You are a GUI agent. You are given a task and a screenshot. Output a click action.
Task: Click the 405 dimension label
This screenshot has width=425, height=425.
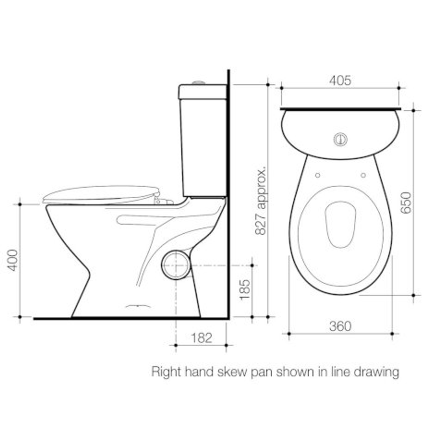click(x=340, y=81)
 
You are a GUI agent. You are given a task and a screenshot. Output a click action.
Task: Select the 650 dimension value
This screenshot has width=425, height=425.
click(x=406, y=202)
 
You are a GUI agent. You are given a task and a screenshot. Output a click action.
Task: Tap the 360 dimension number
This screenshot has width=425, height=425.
click(x=340, y=326)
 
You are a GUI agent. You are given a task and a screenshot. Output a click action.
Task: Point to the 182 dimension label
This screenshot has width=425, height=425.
click(x=201, y=338)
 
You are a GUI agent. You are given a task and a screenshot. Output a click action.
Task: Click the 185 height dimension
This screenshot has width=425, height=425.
click(x=245, y=290)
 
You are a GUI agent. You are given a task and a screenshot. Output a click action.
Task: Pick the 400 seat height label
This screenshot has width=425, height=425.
click(x=13, y=260)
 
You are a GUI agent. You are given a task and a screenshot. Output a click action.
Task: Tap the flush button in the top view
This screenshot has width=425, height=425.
click(x=340, y=139)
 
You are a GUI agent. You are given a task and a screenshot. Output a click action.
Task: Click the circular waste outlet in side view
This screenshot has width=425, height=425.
click(x=176, y=265)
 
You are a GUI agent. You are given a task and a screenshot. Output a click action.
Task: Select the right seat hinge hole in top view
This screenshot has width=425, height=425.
click(x=363, y=175)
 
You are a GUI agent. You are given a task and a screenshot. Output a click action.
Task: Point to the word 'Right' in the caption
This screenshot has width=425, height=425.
click(x=164, y=372)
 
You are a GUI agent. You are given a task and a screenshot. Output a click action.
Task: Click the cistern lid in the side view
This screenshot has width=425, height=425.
click(x=202, y=92)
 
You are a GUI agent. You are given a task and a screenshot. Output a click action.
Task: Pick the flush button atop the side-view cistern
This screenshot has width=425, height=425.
click(x=199, y=83)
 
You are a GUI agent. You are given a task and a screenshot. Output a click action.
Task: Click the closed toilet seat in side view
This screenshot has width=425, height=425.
click(x=100, y=194)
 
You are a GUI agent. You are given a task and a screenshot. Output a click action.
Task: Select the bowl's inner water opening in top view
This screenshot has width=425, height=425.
click(x=340, y=225)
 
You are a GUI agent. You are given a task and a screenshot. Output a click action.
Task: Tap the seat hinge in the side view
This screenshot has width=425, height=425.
click(x=162, y=200)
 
